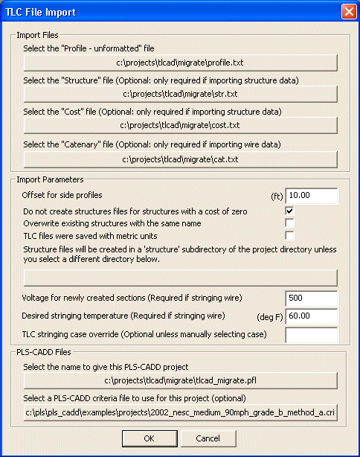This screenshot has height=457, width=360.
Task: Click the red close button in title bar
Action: pyautogui.click(x=347, y=12)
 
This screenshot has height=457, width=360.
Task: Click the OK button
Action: pyautogui.click(x=150, y=438)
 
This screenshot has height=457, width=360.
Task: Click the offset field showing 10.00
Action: pyautogui.click(x=312, y=196)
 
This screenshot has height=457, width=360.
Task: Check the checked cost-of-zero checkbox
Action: pyautogui.click(x=290, y=211)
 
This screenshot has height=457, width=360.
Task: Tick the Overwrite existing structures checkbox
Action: pyautogui.click(x=290, y=223)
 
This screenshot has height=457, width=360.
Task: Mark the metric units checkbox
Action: pyautogui.click(x=290, y=235)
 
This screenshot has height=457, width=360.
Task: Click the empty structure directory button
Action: pyautogui.click(x=181, y=278)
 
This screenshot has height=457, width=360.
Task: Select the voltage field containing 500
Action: pyautogui.click(x=312, y=298)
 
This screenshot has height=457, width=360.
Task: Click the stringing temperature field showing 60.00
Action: pyautogui.click(x=312, y=316)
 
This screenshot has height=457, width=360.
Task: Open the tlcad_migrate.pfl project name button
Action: pyautogui.click(x=181, y=380)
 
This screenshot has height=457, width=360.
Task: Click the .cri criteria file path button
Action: pyautogui.click(x=181, y=411)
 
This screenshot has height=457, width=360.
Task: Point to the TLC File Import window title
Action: pyautogui.click(x=41, y=12)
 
